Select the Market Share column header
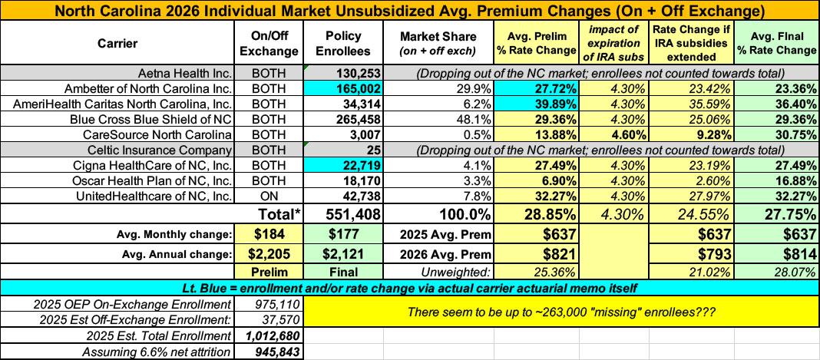438,43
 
